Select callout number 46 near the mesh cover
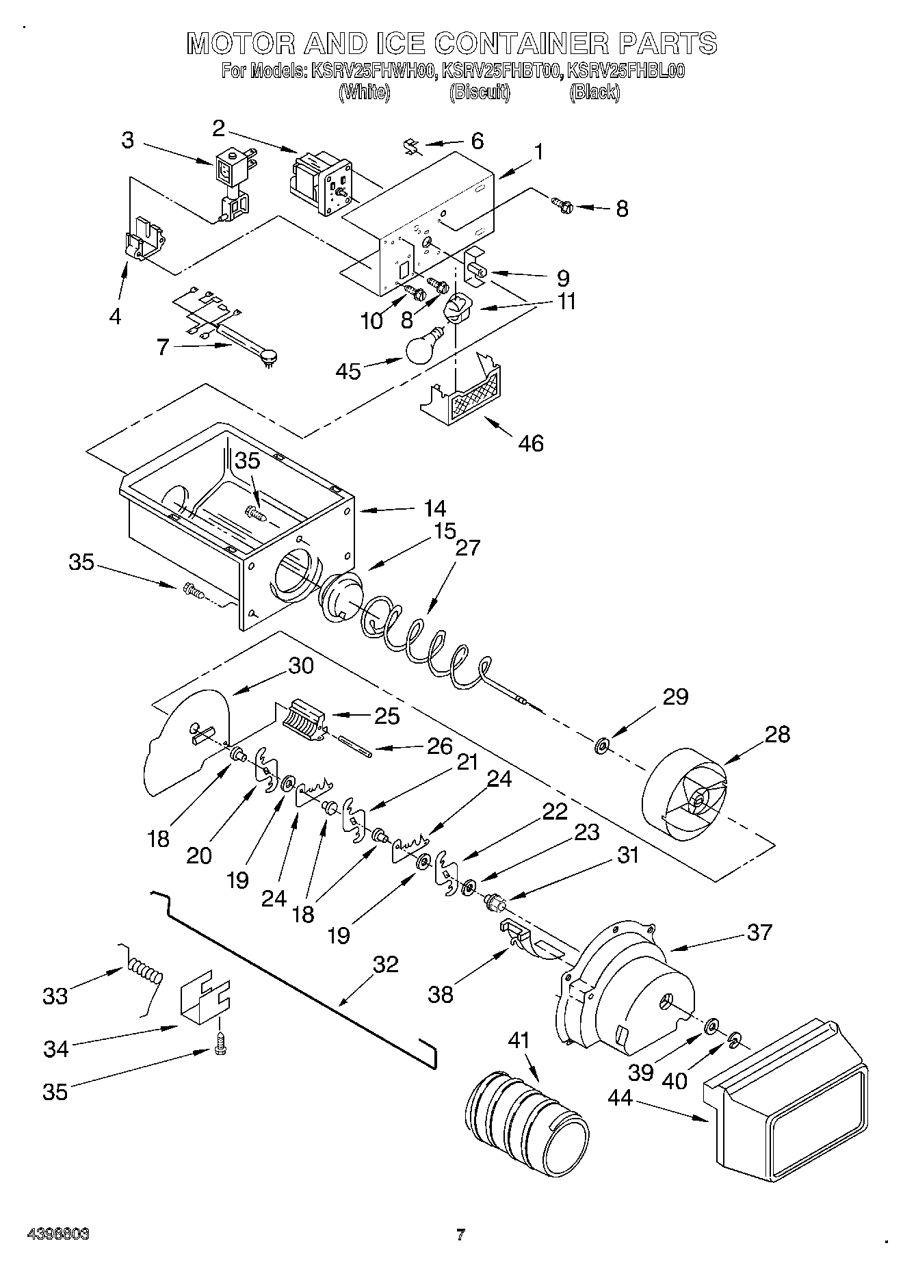click(x=531, y=443)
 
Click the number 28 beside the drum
click(x=777, y=734)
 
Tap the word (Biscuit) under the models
click(x=480, y=92)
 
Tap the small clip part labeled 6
click(x=410, y=145)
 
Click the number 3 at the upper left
click(x=128, y=140)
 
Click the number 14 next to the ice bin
click(x=434, y=508)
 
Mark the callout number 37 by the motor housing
click(x=759, y=932)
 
